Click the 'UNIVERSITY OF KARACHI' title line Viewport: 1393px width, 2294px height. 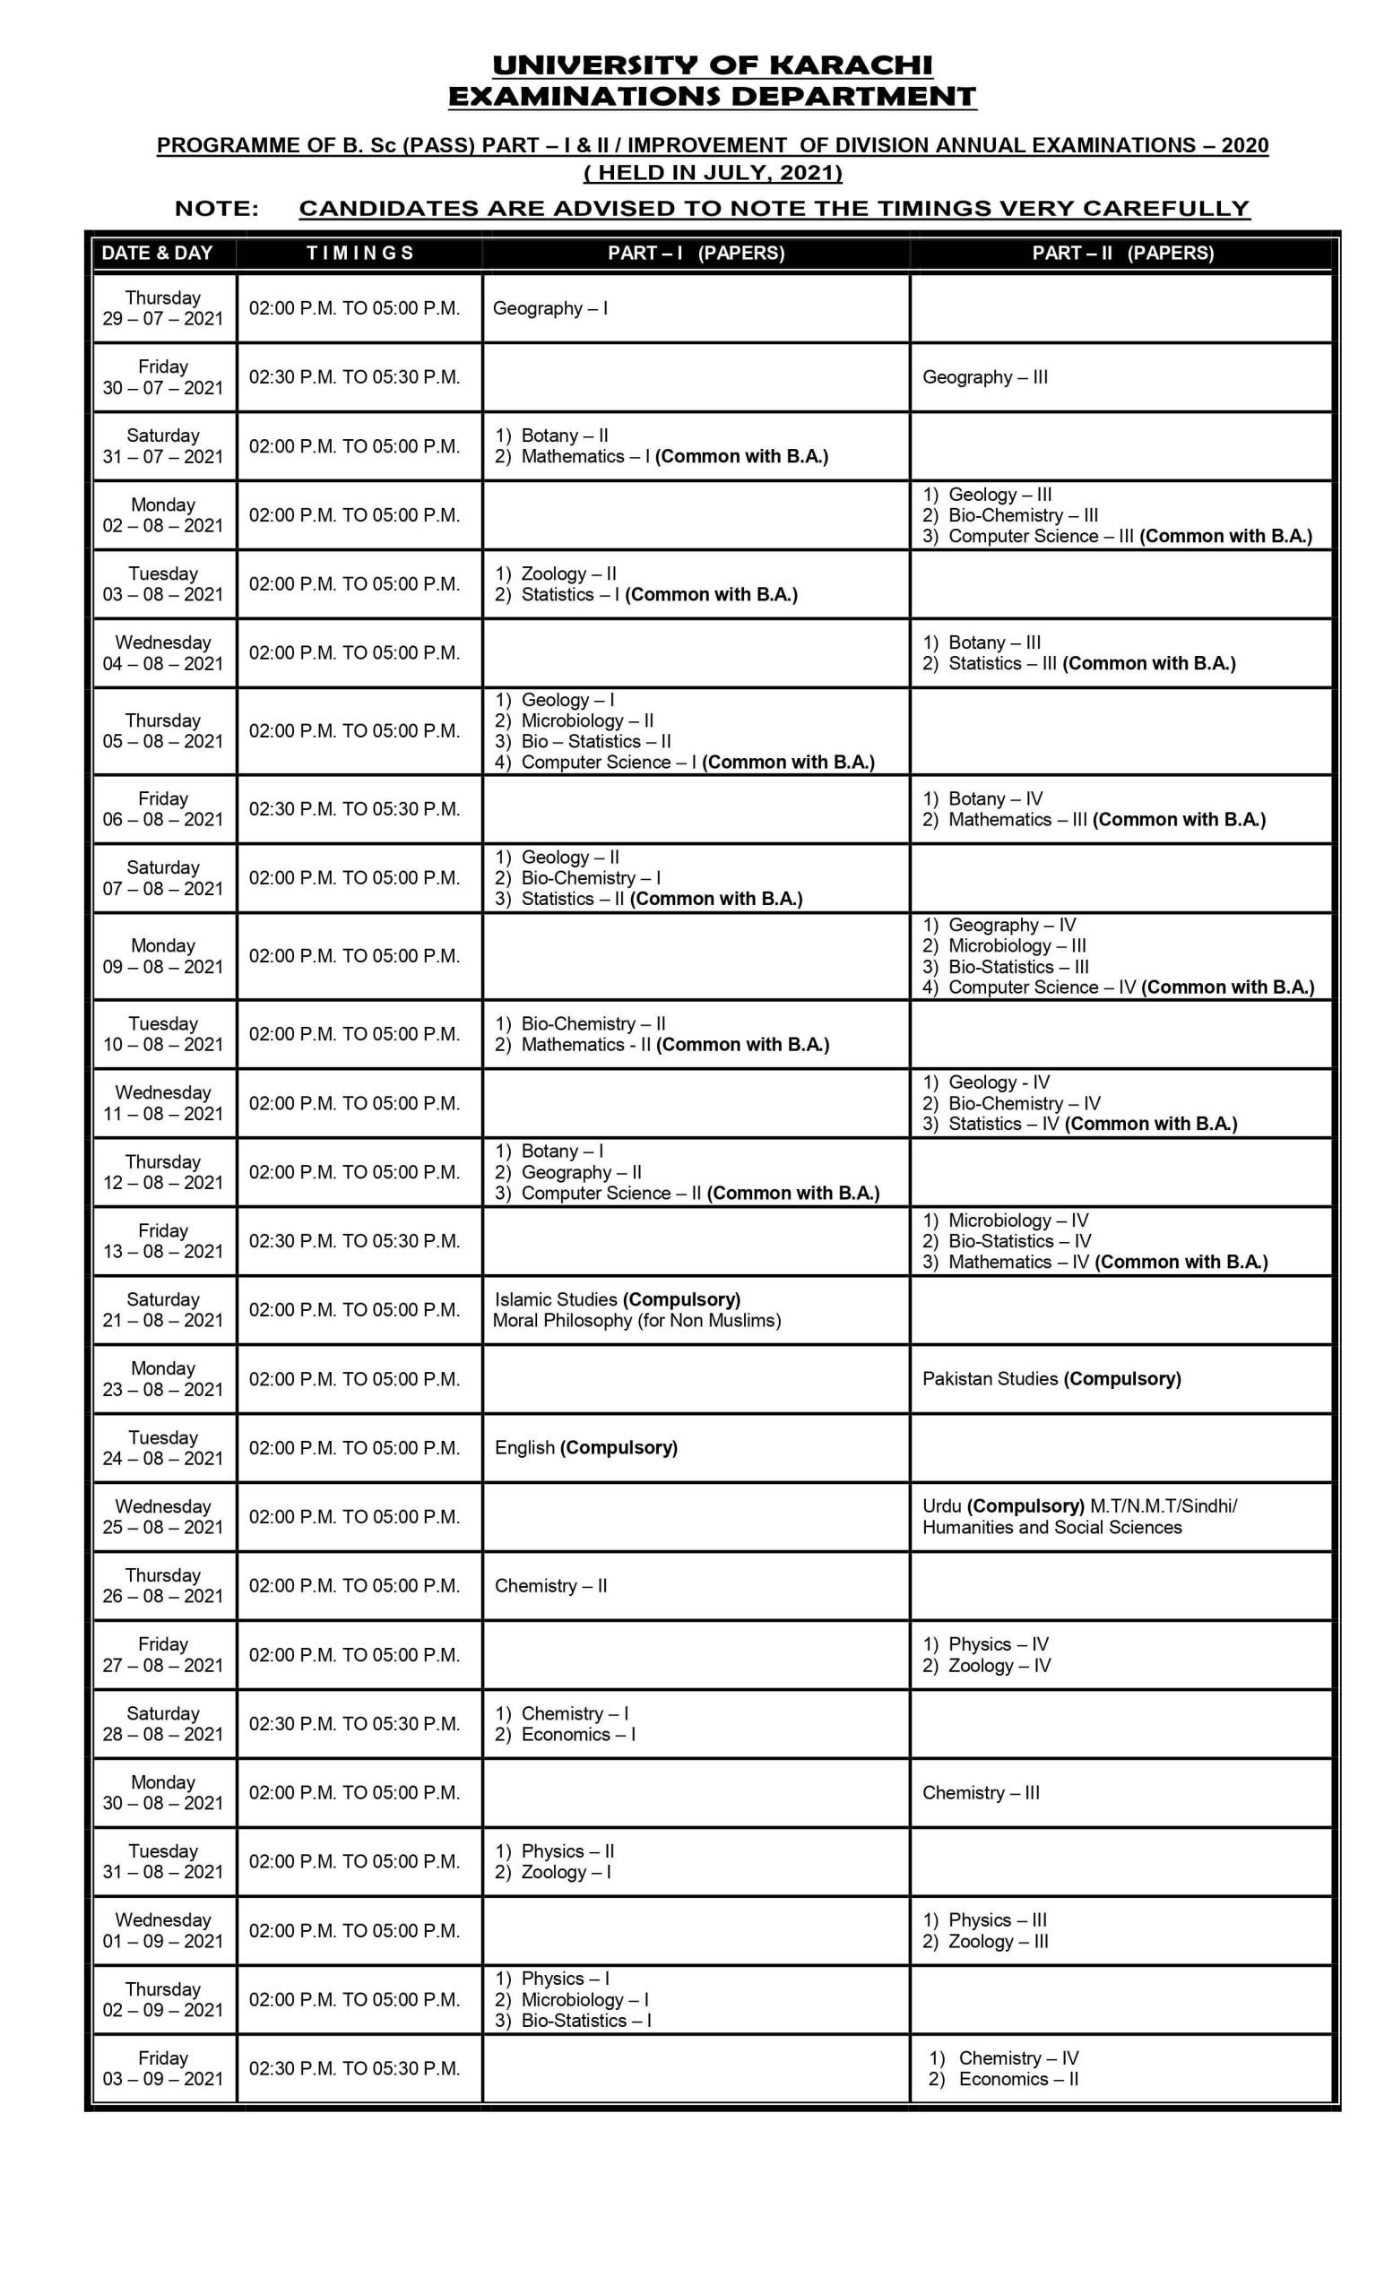(712, 65)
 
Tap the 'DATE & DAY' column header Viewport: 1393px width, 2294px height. (157, 253)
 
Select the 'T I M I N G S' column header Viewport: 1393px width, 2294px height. (359, 253)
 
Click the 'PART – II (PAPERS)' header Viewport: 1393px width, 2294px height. (1122, 253)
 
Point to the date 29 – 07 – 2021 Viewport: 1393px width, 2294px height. (163, 318)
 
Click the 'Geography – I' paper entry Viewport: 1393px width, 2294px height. (549, 308)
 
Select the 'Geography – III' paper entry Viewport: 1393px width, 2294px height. (984, 377)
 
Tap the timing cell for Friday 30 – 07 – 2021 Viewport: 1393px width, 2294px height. (354, 377)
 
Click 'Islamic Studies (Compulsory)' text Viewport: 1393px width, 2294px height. (617, 1298)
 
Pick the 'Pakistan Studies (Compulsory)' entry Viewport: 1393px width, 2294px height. (1051, 1379)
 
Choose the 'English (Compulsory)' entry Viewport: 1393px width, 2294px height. (585, 1448)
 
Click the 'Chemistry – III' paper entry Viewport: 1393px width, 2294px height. (981, 1792)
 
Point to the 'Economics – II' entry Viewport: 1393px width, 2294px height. (1017, 2079)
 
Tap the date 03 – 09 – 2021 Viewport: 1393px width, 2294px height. (163, 2079)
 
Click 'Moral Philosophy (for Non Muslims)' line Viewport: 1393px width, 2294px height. (637, 1320)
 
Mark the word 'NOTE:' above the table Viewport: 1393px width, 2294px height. (217, 209)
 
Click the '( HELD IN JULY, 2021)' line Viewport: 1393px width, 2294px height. (713, 172)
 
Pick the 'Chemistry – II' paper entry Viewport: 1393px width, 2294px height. (550, 1585)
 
